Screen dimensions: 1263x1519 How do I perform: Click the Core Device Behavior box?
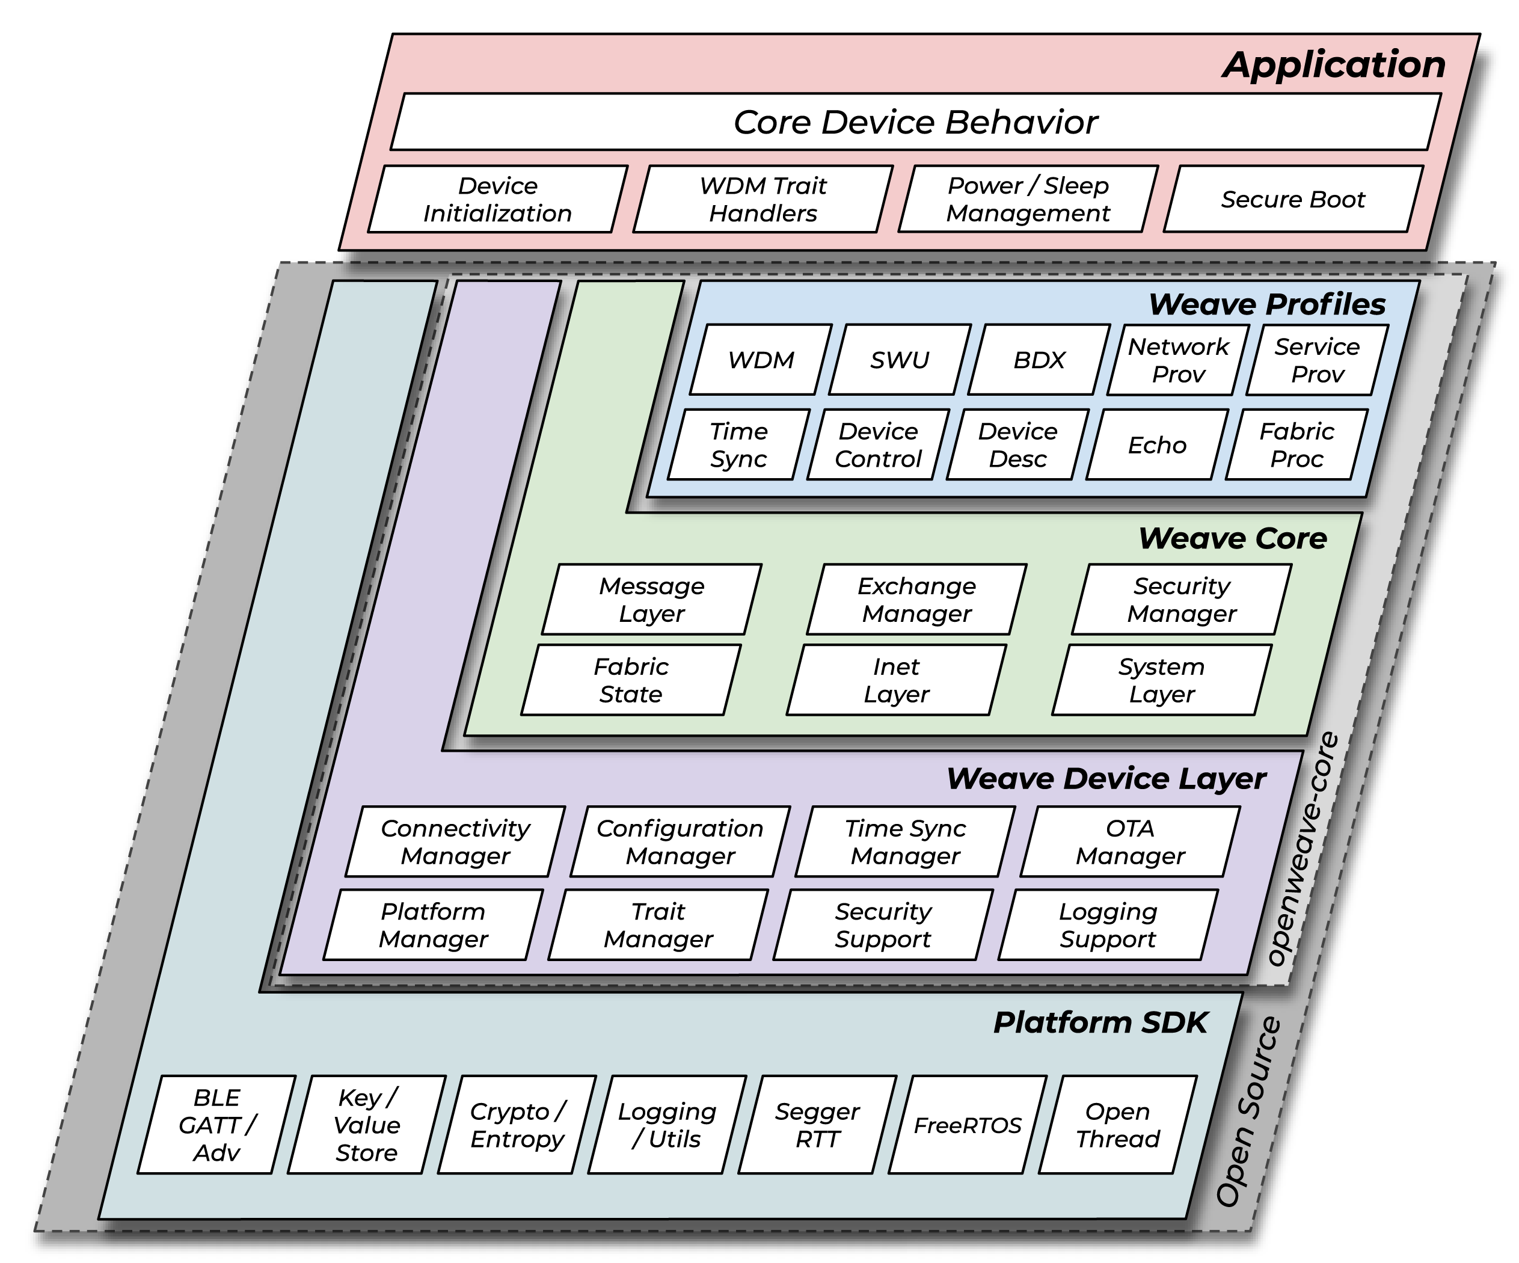coord(915,121)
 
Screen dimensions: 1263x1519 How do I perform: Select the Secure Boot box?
coord(1293,199)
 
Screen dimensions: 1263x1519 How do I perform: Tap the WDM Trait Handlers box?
coord(763,199)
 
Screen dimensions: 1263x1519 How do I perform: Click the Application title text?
coord(1334,65)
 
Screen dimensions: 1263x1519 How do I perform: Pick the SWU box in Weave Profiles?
coord(899,360)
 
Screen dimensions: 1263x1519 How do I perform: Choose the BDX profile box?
coord(1039,360)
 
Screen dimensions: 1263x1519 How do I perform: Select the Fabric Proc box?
coord(1297,444)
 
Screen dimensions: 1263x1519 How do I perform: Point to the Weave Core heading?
coord(1233,538)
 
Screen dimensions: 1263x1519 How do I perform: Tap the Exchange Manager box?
coord(916,599)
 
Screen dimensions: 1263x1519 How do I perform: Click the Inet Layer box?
coord(896,680)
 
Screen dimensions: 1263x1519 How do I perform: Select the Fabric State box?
coord(631,680)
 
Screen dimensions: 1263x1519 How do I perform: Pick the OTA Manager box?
coord(1130,841)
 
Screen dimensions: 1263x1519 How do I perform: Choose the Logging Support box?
coord(1108,924)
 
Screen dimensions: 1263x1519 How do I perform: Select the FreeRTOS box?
coord(967,1125)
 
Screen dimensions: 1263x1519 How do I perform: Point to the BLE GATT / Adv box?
coord(216,1125)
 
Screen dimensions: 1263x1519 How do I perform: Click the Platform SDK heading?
coord(1099,1022)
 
